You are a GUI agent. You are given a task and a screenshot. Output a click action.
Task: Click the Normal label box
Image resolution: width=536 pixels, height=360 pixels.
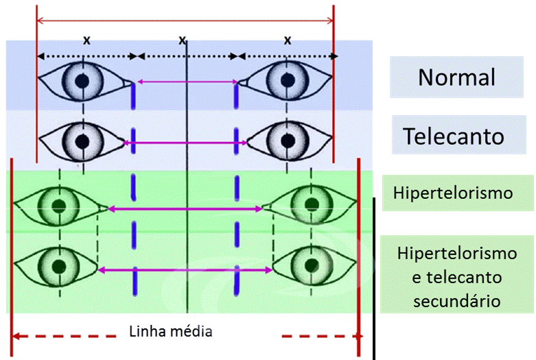click(x=456, y=77)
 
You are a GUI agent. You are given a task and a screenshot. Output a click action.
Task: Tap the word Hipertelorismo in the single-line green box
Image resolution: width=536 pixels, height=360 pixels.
click(x=453, y=193)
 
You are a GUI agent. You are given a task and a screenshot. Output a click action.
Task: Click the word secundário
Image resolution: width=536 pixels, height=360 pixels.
click(x=456, y=301)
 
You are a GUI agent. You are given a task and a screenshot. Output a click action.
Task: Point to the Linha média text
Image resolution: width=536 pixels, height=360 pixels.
click(x=171, y=331)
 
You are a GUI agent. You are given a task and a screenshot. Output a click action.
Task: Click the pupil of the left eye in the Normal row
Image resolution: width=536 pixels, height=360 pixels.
click(x=82, y=81)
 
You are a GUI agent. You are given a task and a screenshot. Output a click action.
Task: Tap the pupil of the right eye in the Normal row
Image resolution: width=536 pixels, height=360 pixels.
click(x=288, y=80)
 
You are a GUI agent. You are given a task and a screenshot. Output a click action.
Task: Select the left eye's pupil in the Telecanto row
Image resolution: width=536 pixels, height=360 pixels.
click(x=82, y=141)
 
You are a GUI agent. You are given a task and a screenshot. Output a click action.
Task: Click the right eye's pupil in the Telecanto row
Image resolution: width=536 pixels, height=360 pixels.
click(x=288, y=140)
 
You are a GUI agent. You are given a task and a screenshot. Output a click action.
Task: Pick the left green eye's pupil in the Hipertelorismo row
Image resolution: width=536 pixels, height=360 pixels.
click(x=59, y=206)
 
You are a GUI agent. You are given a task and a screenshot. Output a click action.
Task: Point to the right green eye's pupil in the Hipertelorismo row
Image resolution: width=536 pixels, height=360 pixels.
click(x=312, y=204)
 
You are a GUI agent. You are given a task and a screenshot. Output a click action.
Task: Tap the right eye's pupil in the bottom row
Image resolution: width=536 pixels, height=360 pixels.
click(x=312, y=265)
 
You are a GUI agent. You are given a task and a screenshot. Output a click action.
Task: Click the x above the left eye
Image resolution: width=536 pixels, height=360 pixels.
click(x=87, y=40)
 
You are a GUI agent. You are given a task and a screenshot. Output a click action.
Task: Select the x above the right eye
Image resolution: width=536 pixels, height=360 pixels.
click(x=288, y=40)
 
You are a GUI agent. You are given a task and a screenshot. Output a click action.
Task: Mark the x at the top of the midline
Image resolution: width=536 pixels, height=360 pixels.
click(x=182, y=40)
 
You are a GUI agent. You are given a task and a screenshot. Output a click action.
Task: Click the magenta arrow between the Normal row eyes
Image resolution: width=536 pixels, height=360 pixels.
click(x=187, y=82)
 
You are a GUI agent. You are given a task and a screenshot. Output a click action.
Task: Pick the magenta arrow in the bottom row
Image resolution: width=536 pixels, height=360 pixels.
click(x=185, y=270)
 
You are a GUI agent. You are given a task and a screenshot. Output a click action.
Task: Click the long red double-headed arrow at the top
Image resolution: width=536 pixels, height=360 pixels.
click(x=185, y=21)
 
